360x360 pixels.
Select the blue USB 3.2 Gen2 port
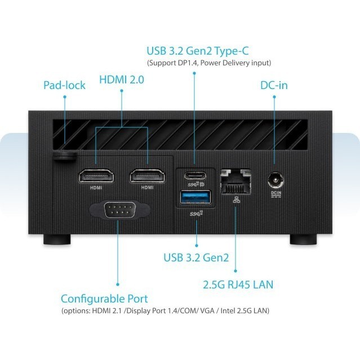click(195, 198)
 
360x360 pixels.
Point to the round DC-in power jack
click(275, 180)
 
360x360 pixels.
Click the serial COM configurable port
click(118, 211)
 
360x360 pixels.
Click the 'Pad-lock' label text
click(65, 86)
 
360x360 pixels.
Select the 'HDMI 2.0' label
click(122, 80)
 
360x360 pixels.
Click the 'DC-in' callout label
click(274, 86)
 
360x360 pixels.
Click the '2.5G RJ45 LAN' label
click(238, 285)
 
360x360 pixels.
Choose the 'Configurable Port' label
click(104, 299)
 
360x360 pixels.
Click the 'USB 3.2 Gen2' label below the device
click(196, 258)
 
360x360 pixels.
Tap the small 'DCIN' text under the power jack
click(275, 193)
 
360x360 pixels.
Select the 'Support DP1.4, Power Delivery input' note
click(209, 63)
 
